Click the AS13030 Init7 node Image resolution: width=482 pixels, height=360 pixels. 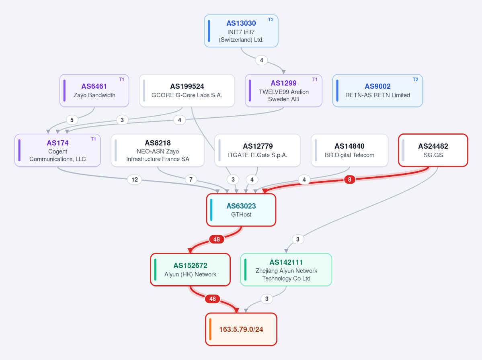point(241,31)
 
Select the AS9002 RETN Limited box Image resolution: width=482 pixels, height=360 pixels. point(377,91)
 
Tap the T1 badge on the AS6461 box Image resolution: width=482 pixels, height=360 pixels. point(121,80)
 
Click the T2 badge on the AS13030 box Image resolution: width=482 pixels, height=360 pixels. point(271,20)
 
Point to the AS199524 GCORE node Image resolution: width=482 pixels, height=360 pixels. point(187,91)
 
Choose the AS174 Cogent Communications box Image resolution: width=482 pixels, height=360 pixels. point(57,150)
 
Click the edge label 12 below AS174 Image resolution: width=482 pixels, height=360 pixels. point(135,180)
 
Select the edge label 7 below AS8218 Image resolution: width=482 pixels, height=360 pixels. point(191,180)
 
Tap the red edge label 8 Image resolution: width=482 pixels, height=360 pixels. point(349,180)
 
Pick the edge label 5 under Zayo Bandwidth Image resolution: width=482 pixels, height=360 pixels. point(72,120)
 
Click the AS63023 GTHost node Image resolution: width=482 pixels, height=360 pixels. point(241,210)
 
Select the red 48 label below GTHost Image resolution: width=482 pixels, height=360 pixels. point(217,239)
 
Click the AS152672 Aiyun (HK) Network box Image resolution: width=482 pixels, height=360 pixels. point(190,269)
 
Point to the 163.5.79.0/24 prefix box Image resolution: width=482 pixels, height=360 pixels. point(241,329)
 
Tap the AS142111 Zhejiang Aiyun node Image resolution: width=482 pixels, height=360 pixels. point(286,269)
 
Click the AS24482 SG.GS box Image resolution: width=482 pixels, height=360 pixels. point(433,150)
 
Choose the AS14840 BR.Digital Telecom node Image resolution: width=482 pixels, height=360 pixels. point(349,150)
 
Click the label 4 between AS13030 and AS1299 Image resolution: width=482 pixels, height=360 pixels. point(262,60)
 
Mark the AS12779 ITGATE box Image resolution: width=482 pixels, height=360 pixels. point(258,150)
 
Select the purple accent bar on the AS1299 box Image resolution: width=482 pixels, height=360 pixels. point(250,91)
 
